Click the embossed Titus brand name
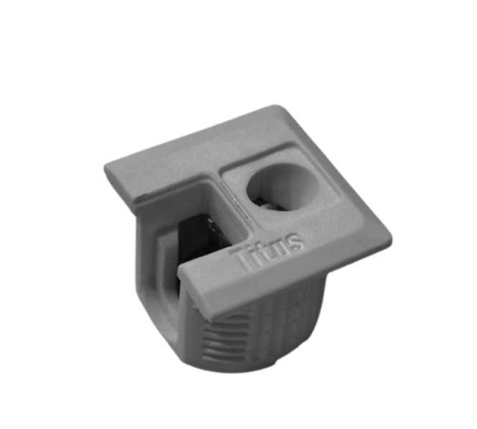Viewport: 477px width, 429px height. [269, 250]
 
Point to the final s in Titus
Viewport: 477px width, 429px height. [295, 242]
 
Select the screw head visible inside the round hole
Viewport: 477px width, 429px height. [264, 204]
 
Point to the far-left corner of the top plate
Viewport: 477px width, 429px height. [105, 166]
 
